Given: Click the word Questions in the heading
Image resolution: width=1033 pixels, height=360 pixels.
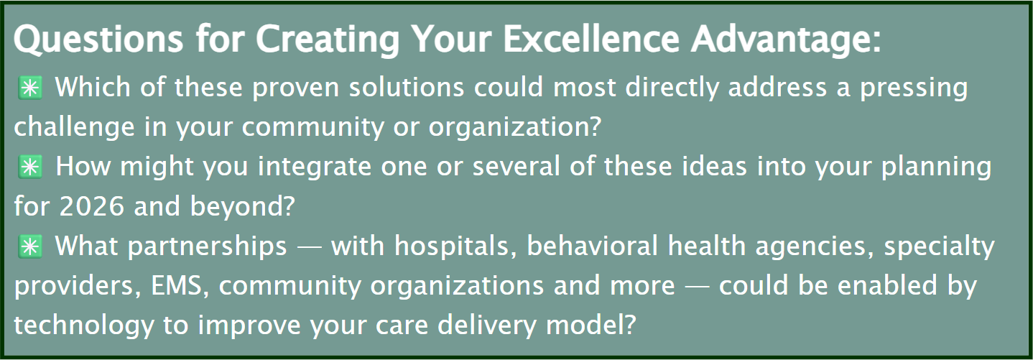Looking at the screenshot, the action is click(x=98, y=40).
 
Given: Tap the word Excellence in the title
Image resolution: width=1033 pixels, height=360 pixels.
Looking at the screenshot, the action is click(x=591, y=39).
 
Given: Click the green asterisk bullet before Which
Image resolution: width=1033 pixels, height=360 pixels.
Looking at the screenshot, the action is click(x=30, y=87).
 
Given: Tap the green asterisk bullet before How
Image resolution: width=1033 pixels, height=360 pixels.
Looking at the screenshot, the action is click(x=30, y=167).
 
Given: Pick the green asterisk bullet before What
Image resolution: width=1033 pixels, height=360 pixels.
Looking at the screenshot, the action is click(x=30, y=246).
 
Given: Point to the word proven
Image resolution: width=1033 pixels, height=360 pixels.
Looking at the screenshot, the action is click(x=295, y=88).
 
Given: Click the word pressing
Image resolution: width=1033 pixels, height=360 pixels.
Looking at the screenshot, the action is click(x=914, y=88).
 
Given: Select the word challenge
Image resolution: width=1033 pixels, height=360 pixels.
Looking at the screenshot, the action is click(x=74, y=127).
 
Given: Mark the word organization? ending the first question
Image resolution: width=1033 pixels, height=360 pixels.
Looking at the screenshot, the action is click(x=515, y=127).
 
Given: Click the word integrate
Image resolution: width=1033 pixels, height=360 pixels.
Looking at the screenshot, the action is click(x=315, y=167).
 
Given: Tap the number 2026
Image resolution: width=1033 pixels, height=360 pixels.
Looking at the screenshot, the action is click(x=92, y=206).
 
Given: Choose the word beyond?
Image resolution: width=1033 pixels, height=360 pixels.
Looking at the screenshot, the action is click(x=242, y=206).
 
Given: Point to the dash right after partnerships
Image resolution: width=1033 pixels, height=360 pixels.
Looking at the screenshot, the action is click(x=309, y=248).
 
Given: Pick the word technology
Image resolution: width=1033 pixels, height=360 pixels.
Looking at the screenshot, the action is click(x=84, y=326).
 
